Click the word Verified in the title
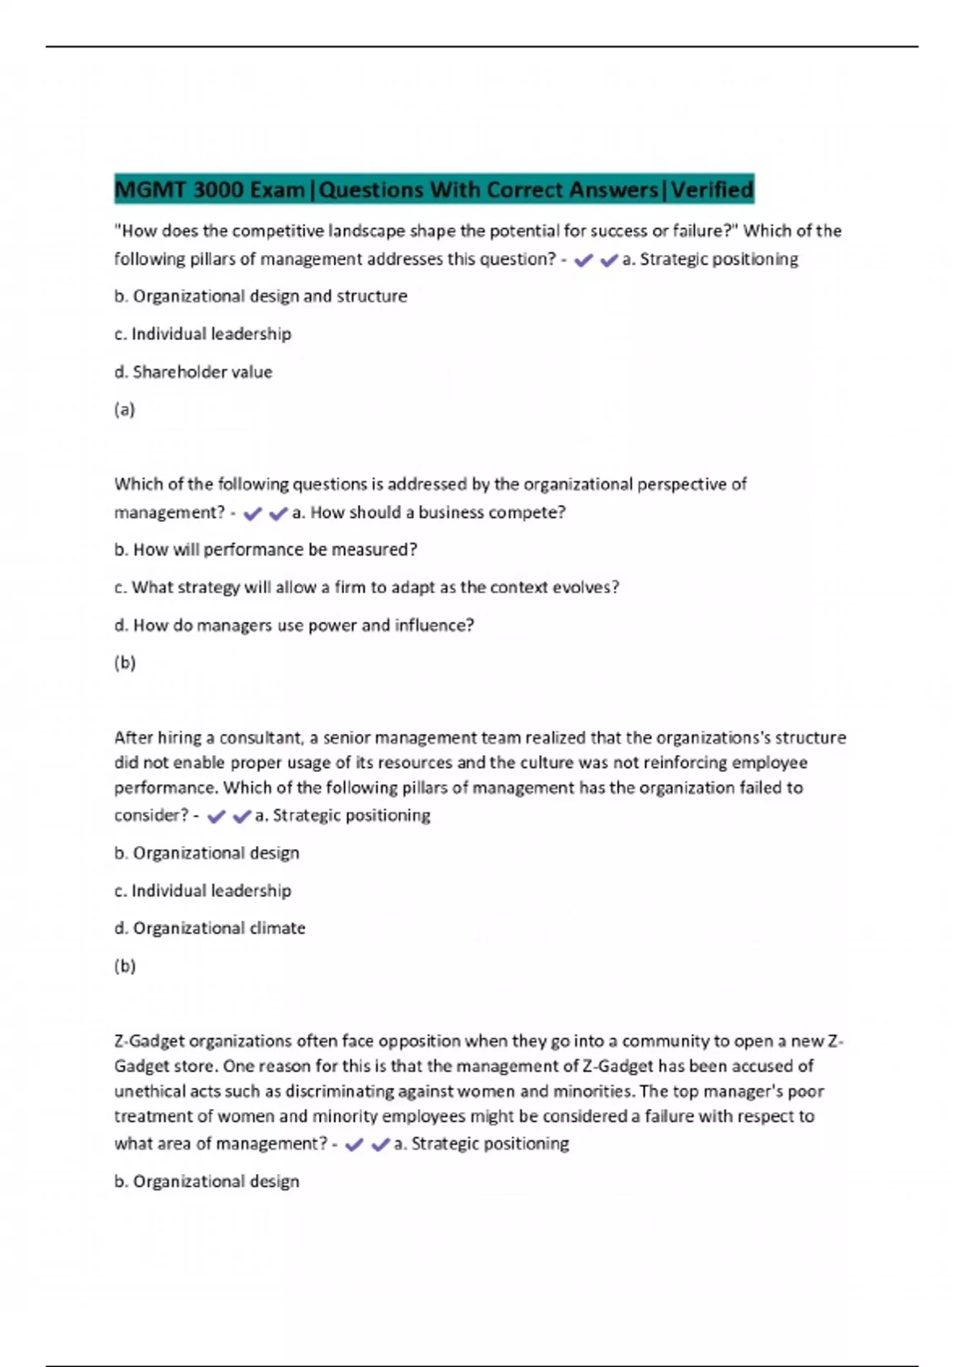712,190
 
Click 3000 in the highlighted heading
219,190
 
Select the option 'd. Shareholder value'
193,372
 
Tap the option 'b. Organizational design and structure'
261,296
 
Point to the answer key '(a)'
125,409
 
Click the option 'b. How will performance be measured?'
265,549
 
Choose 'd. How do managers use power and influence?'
294,625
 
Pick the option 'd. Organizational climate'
209,928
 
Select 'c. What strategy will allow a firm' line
366,587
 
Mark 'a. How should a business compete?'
429,512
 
